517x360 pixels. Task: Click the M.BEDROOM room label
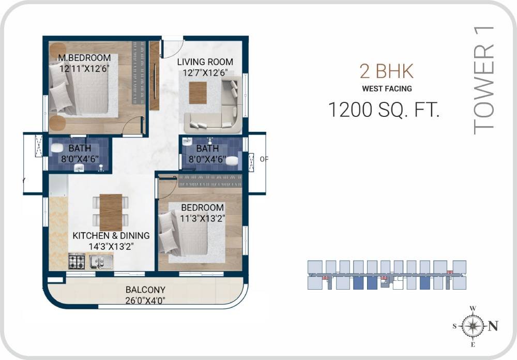[84, 57]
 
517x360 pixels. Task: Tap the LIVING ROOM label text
[205, 62]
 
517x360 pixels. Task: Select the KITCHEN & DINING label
[111, 236]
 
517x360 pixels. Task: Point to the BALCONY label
[145, 290]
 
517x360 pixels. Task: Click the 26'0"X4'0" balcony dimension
[145, 300]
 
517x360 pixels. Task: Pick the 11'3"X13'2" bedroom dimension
[202, 218]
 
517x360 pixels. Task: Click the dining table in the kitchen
[111, 212]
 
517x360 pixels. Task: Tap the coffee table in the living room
[197, 93]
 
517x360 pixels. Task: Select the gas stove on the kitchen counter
[77, 261]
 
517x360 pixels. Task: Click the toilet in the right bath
[234, 160]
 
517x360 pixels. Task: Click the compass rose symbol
[472, 326]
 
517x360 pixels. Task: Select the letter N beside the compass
[493, 326]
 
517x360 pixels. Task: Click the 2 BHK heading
[387, 71]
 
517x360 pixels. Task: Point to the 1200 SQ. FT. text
[384, 110]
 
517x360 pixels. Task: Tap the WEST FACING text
[387, 88]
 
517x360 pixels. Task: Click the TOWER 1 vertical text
[484, 80]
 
